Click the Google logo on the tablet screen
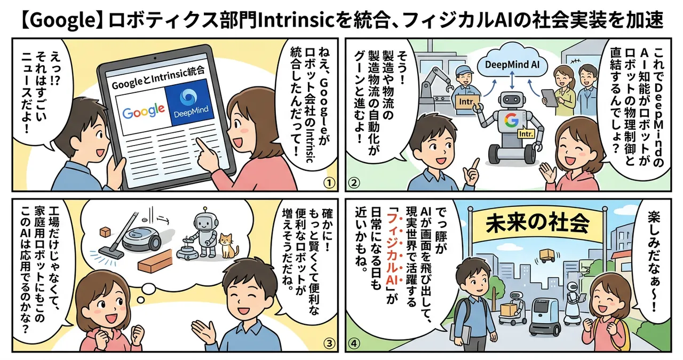coord(143,111)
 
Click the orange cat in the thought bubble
coord(229,246)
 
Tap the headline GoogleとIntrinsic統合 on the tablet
coord(157,86)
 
